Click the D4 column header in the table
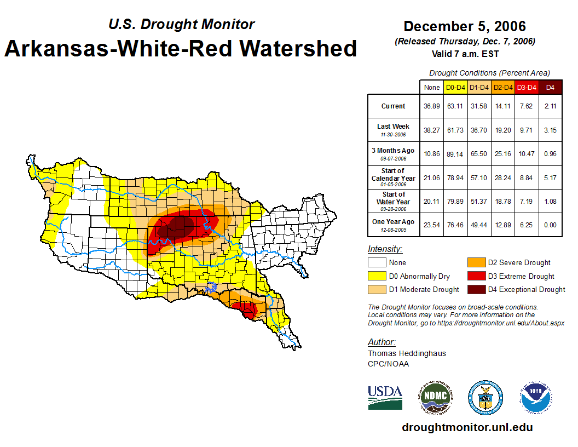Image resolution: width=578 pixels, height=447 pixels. point(551,87)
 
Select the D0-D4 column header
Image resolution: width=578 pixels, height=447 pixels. point(455,87)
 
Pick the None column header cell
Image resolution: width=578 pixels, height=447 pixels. point(432,87)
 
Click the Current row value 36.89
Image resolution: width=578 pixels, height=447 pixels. point(432,106)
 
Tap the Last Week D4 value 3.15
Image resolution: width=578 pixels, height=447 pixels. point(551,130)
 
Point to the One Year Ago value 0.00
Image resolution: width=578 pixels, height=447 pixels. point(551,225)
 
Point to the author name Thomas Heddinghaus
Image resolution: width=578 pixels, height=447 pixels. point(407,353)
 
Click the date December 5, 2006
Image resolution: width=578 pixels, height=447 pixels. point(464,26)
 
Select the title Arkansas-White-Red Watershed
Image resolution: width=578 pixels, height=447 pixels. point(181,48)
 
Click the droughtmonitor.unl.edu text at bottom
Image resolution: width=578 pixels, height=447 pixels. point(467,427)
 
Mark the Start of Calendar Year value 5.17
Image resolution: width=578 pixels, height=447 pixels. point(551,177)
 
